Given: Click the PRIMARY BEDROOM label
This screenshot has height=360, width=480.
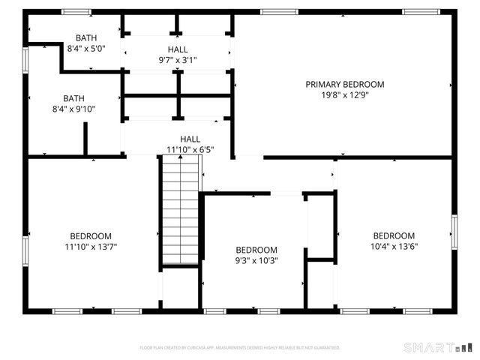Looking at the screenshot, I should (344, 84).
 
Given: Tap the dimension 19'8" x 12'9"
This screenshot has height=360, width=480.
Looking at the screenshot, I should (344, 95).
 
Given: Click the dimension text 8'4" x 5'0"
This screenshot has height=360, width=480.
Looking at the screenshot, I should (85, 49).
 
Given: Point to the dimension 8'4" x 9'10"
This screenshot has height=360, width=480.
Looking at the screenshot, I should (73, 109).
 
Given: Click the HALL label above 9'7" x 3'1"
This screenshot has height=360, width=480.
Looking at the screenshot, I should (178, 49).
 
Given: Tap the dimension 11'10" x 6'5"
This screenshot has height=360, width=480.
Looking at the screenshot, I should (190, 149).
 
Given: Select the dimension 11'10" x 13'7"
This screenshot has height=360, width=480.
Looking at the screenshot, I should (91, 246).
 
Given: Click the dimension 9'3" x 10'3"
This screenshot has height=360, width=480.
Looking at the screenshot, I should (256, 261).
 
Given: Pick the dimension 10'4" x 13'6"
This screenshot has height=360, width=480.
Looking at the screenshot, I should (394, 246).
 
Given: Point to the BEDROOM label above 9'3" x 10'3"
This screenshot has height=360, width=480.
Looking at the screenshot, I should (256, 250).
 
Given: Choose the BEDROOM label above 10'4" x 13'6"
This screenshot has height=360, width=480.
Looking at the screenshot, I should (394, 235).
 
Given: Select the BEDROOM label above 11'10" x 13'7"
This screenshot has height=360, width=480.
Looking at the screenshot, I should (91, 235).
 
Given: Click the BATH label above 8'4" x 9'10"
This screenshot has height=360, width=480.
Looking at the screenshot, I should (73, 97).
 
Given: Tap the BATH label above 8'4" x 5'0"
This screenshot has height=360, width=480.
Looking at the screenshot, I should (85, 37).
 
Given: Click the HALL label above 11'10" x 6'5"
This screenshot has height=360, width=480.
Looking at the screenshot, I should (190, 139).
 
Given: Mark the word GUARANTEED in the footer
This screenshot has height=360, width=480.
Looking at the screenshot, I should (325, 348).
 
